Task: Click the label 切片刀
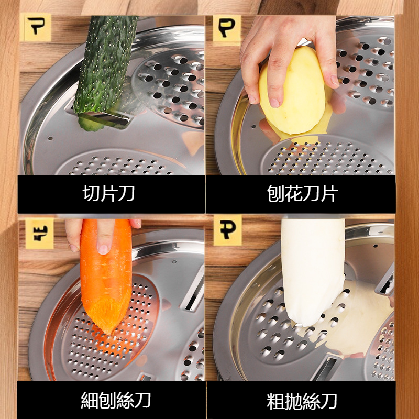[x=109, y=193]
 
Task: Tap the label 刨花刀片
[x=301, y=193]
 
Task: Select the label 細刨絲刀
[x=116, y=400]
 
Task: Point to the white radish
[x=312, y=267]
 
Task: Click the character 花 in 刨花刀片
[x=292, y=193]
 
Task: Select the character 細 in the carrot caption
[x=90, y=400]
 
